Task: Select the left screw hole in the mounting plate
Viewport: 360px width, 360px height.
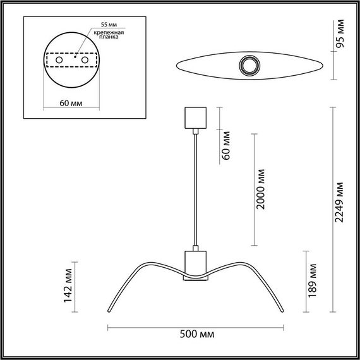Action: [59, 59]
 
